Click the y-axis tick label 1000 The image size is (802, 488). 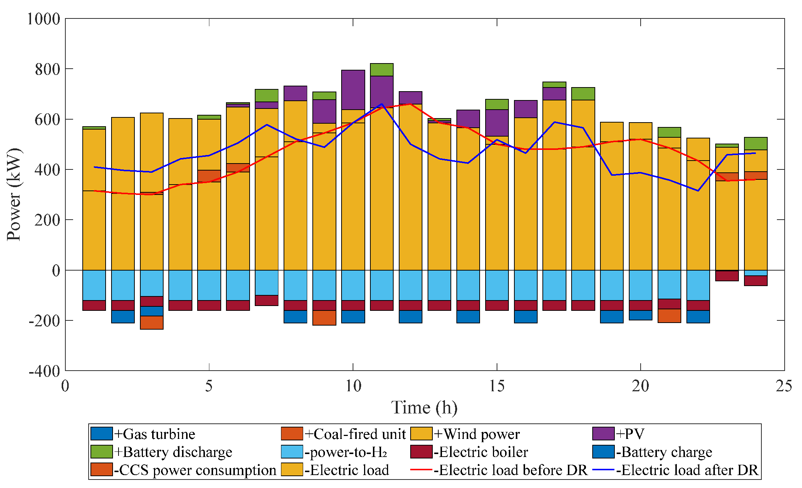click(44, 19)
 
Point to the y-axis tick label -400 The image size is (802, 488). click(44, 371)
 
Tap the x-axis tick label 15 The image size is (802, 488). click(497, 386)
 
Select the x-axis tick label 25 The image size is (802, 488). click(784, 386)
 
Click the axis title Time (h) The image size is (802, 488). click(424, 408)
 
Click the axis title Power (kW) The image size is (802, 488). click(14, 194)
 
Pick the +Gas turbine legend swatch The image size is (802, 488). click(102, 434)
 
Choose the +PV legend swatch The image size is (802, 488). click(603, 434)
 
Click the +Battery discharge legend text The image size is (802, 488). click(173, 452)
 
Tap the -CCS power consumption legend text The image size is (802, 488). click(195, 470)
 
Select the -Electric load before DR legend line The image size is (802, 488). click(421, 470)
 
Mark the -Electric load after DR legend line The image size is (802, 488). click(603, 470)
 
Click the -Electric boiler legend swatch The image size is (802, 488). click(421, 452)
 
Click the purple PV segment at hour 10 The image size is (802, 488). click(353, 90)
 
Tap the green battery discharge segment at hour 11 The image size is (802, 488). click(382, 70)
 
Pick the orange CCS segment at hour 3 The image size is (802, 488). click(152, 323)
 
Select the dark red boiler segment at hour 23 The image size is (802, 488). click(727, 276)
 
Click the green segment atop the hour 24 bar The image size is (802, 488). click(755, 144)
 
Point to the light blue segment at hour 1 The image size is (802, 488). click(94, 285)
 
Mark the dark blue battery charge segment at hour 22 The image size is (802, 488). click(698, 317)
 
